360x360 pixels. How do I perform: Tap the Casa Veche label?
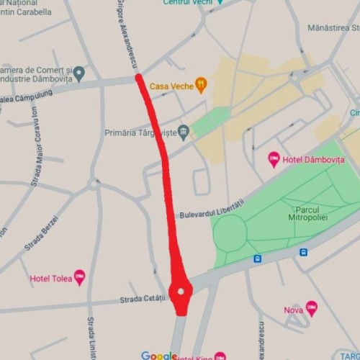(171, 86)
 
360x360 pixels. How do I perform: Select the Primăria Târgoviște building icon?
(184, 132)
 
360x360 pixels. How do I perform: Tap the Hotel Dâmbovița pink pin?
(274, 159)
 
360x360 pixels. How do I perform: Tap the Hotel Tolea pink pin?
(79, 277)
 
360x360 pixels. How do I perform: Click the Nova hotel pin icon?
(311, 308)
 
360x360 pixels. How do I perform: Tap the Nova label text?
(293, 310)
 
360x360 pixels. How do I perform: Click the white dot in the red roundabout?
(181, 292)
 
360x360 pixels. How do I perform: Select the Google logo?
(159, 356)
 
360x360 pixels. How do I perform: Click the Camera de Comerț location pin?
(78, 73)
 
